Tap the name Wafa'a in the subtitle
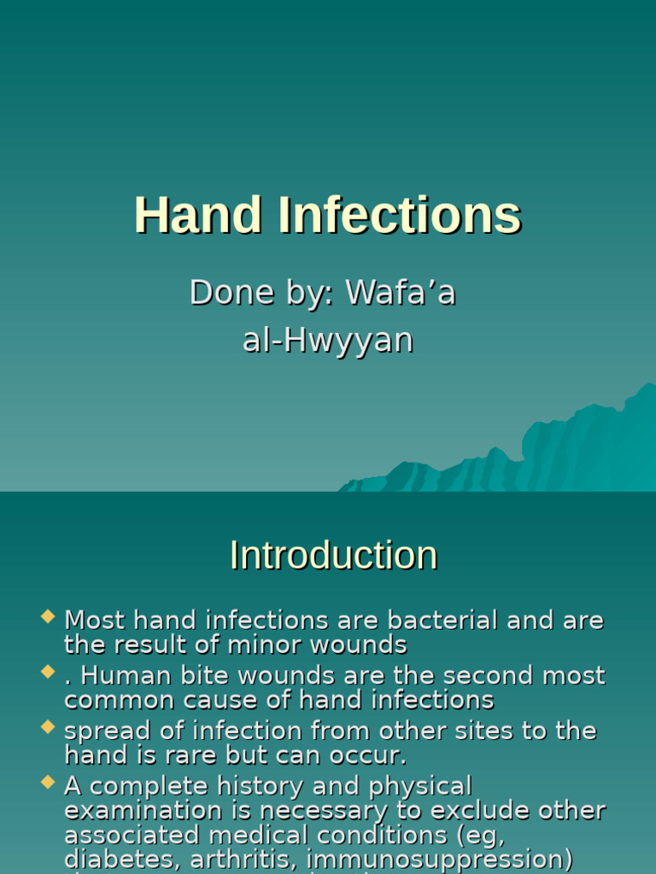tap(401, 293)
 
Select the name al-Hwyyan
tap(328, 340)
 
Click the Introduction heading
tap(333, 556)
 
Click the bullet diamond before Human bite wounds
tap(49, 672)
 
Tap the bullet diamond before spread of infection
tap(49, 726)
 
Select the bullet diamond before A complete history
tap(49, 782)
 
